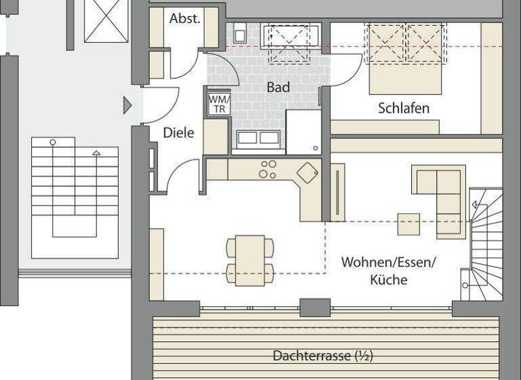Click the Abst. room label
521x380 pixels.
(185, 19)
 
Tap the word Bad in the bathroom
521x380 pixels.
(278, 88)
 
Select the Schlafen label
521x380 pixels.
(404, 108)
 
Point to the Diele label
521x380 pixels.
(178, 133)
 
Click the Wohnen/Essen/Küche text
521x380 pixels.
(389, 270)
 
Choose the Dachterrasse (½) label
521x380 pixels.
(322, 355)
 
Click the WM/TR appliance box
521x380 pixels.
(219, 103)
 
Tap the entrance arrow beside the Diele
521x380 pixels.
(127, 105)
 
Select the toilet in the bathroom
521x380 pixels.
(240, 33)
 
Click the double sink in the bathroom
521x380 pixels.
(258, 138)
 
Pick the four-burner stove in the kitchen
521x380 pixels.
(268, 169)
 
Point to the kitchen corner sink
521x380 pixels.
(307, 172)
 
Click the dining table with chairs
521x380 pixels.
(250, 260)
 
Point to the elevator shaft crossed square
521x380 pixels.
(106, 21)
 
